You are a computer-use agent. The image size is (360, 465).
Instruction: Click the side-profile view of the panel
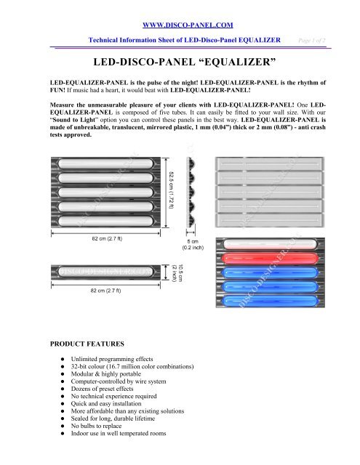pos(191,193)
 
